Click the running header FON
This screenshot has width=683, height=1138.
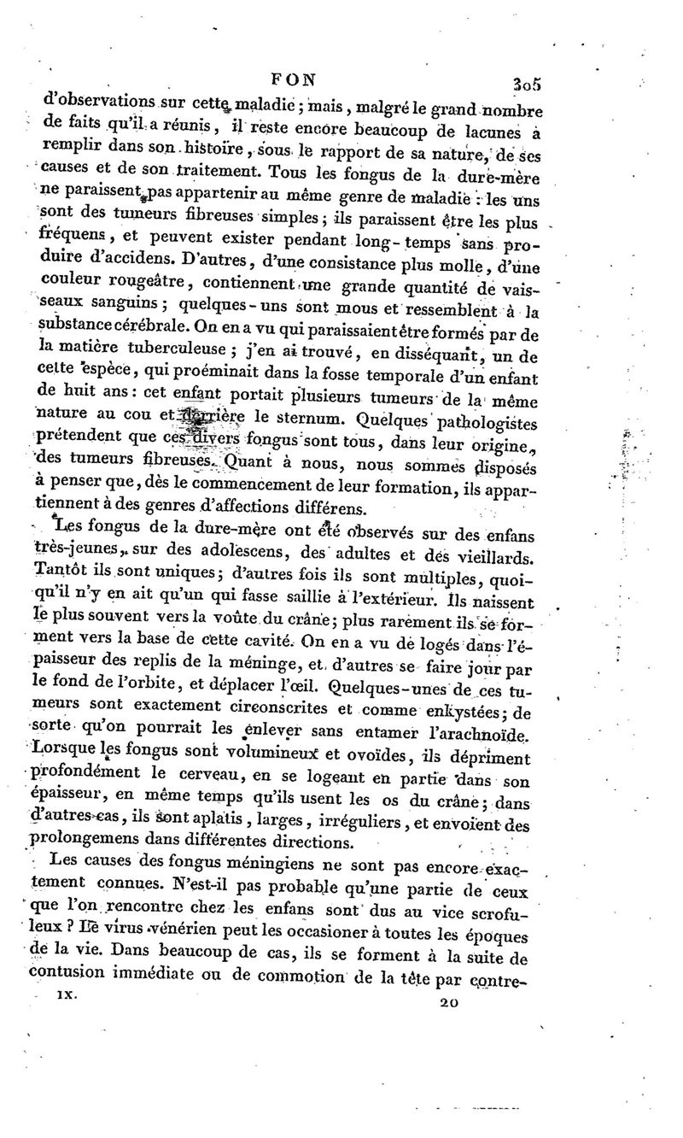point(293,78)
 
